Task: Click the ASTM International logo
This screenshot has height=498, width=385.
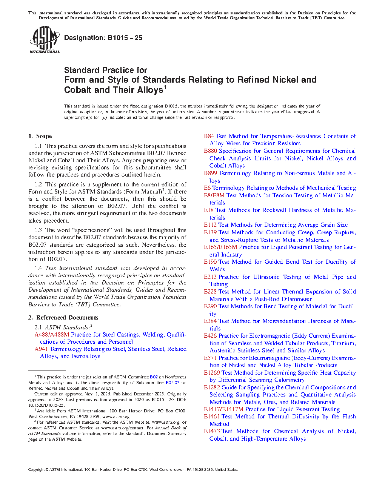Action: point(44,40)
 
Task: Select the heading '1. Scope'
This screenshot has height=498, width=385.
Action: point(40,136)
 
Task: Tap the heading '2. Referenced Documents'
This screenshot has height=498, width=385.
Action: point(63,318)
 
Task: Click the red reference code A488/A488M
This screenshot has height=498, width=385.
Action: point(52,335)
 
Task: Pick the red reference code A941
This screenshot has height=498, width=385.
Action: point(41,349)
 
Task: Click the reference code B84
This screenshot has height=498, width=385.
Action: point(209,136)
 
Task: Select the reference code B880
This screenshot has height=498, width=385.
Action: point(210,151)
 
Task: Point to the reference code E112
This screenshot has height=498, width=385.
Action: point(210,225)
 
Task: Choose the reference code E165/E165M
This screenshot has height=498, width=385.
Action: point(220,247)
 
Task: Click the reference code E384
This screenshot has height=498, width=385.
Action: point(210,321)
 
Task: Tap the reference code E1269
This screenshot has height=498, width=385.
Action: point(212,373)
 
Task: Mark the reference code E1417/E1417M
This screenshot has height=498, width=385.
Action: point(223,409)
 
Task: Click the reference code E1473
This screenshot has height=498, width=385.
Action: point(212,431)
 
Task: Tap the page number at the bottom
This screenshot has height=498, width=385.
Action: point(192,479)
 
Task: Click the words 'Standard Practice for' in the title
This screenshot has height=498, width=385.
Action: point(106,70)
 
